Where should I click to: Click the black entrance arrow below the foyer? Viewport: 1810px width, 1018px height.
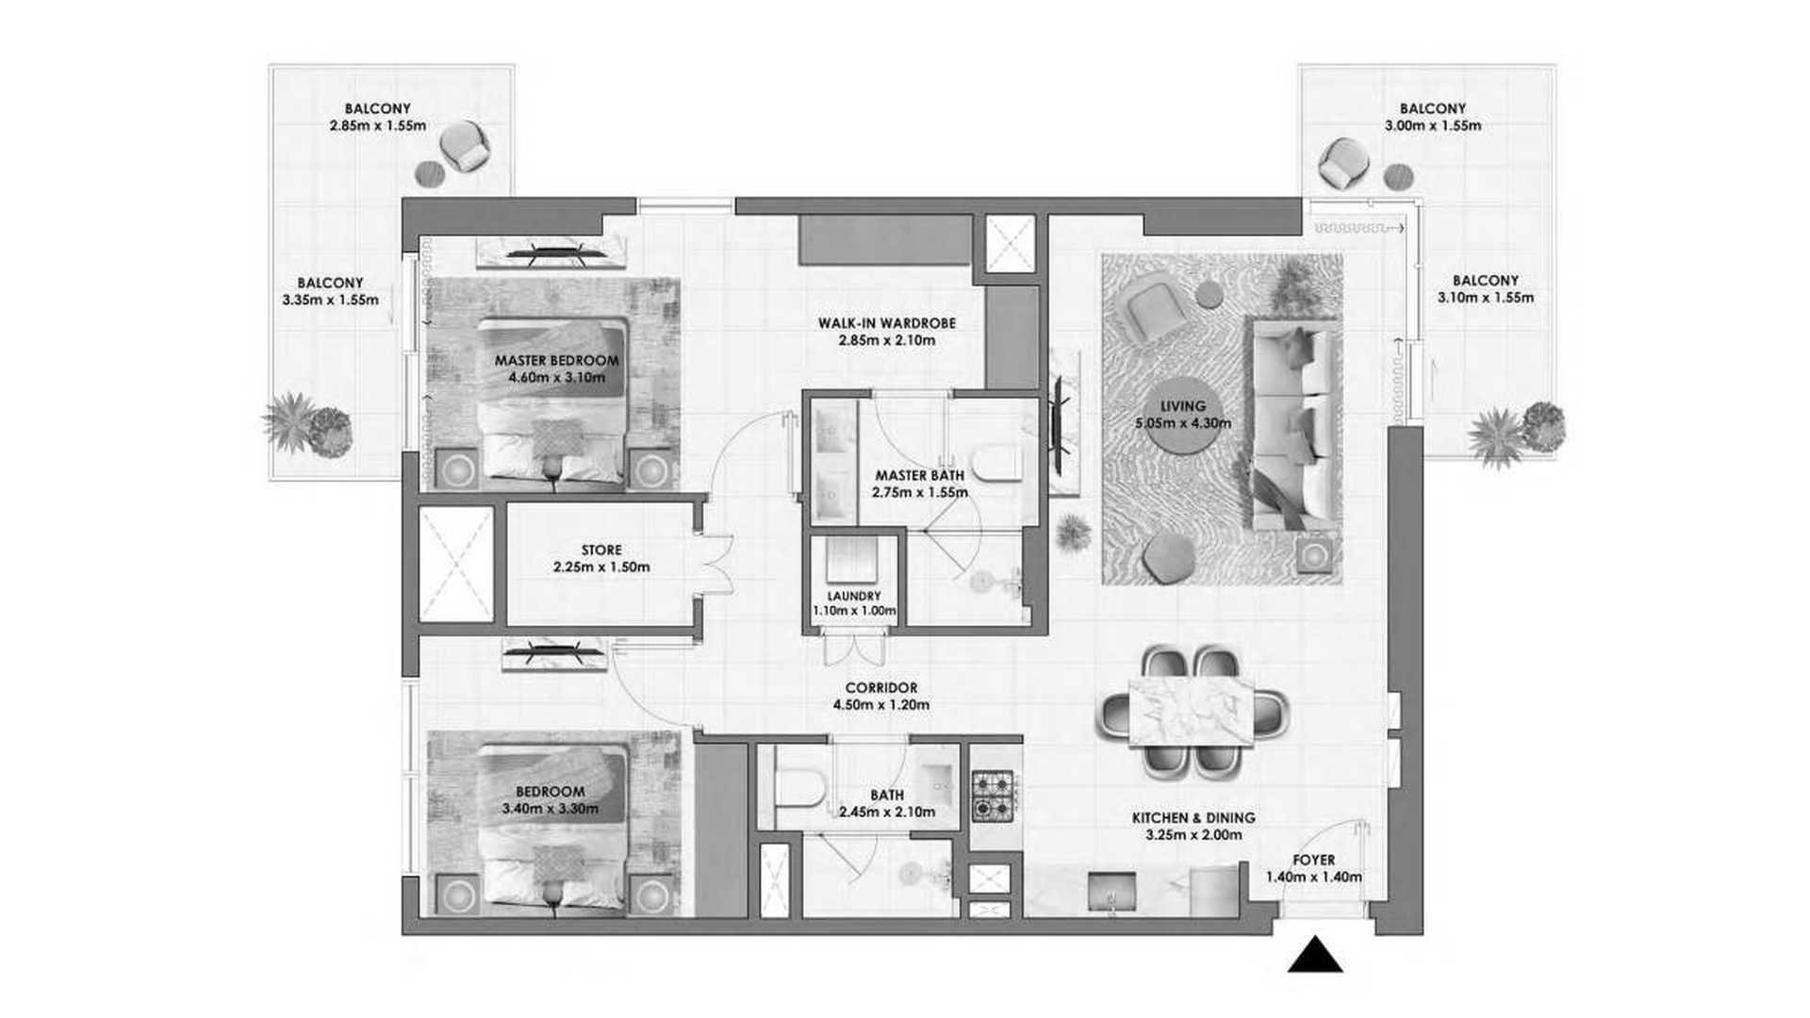tap(1315, 955)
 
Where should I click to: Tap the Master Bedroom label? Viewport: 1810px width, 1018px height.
tap(557, 360)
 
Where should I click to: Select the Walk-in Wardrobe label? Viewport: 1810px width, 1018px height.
tap(887, 323)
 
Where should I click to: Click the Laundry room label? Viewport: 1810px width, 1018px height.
tap(854, 596)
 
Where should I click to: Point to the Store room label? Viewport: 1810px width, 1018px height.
tap(601, 550)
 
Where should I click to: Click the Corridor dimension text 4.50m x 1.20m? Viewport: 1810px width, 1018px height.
tap(881, 705)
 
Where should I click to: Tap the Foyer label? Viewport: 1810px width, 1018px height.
tap(1314, 861)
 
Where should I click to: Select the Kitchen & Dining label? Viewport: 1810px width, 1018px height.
tap(1193, 818)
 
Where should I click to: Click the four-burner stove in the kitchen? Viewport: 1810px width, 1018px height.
tap(993, 796)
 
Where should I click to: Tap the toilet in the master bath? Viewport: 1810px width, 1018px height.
tap(997, 463)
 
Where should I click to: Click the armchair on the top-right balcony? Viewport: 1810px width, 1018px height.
tap(1339, 163)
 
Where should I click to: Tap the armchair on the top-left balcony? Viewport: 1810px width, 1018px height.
tap(465, 146)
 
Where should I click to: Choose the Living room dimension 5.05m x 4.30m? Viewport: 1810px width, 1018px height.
tap(1183, 423)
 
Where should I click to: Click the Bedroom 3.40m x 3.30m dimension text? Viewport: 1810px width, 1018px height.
tap(550, 809)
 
